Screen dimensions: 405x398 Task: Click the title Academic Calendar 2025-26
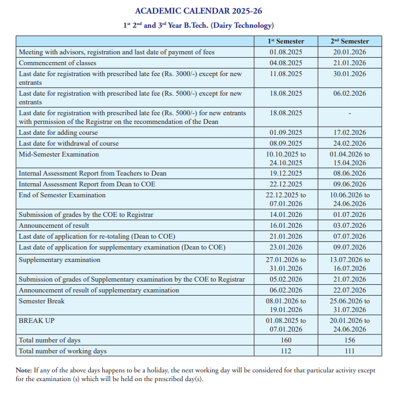199,11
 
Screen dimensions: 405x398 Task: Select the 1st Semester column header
286,41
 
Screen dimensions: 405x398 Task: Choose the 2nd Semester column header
350,41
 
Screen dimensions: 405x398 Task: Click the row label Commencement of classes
57,63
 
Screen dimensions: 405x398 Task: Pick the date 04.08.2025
286,63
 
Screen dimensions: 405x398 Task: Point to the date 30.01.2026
350,73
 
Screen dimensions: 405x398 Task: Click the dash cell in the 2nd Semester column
350,113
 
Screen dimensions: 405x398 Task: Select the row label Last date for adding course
58,133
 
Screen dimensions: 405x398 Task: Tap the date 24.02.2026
350,144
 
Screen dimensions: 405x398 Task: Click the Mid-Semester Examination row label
59,154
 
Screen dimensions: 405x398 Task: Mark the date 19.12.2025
286,173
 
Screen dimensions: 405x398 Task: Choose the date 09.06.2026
350,184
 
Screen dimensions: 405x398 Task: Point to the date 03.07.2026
350,226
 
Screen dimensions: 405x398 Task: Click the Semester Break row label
41,301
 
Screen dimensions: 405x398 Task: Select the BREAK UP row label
36,321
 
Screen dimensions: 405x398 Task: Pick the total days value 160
286,341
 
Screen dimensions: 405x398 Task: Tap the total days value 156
350,341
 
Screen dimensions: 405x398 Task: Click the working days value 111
350,352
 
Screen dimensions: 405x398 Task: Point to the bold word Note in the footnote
24,370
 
